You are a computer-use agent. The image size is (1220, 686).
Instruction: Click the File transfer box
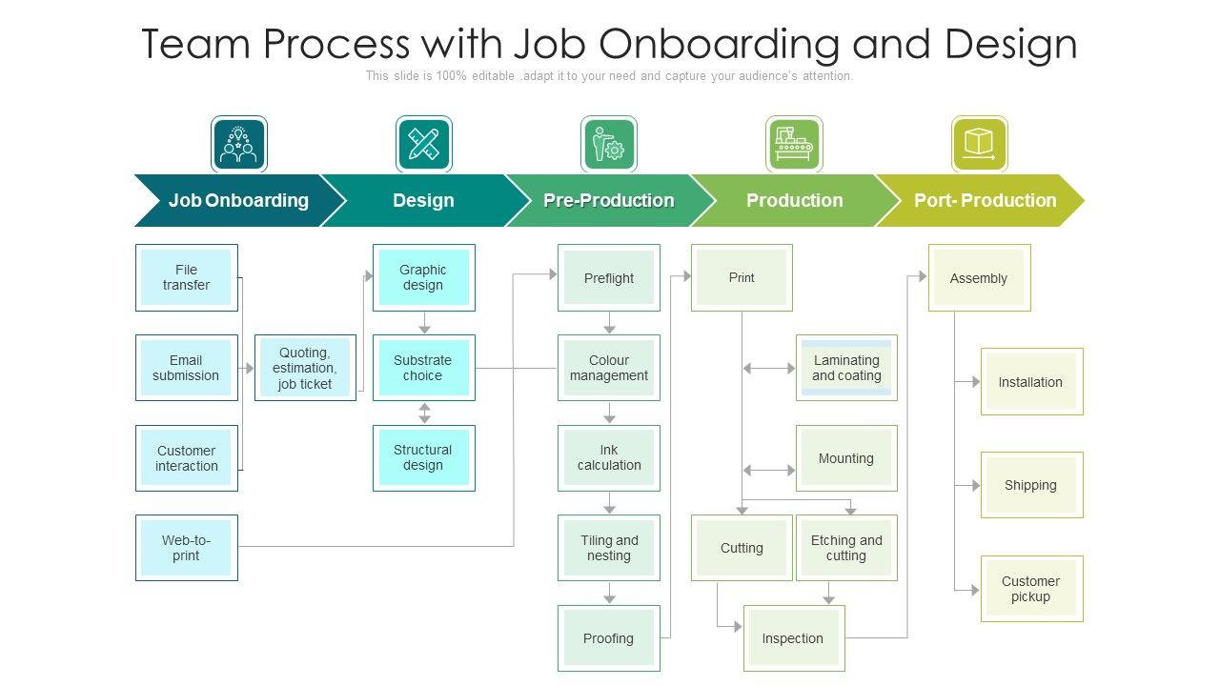coord(186,277)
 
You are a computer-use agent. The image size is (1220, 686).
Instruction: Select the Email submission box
coord(186,368)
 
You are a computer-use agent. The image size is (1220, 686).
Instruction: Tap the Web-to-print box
coord(186,548)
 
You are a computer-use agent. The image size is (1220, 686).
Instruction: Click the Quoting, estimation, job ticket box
coord(305,368)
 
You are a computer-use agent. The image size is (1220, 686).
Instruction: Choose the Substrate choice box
coord(423,368)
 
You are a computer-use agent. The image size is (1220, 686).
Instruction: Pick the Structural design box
coord(423,458)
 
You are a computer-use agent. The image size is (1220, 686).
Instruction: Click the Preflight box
coord(608,277)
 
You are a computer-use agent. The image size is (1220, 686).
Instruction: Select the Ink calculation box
coord(608,458)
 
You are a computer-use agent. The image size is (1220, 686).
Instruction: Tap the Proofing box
coord(608,638)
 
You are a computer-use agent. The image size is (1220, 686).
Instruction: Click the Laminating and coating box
coord(846,368)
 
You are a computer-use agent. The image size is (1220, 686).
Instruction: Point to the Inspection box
coord(793,638)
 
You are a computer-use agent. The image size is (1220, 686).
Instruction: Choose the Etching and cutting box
coord(846,548)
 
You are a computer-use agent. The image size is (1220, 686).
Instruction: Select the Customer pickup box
coord(1031,589)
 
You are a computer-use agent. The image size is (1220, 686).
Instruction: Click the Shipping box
coord(1031,485)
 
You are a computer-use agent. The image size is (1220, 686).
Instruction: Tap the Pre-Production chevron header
coord(608,200)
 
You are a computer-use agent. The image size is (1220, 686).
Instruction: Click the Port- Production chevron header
coord(985,200)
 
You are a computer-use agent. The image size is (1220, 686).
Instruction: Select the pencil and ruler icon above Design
coord(423,144)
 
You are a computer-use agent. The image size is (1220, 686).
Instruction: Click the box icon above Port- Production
coord(979,144)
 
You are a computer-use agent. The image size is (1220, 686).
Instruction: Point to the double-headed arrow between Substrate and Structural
coord(425,413)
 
